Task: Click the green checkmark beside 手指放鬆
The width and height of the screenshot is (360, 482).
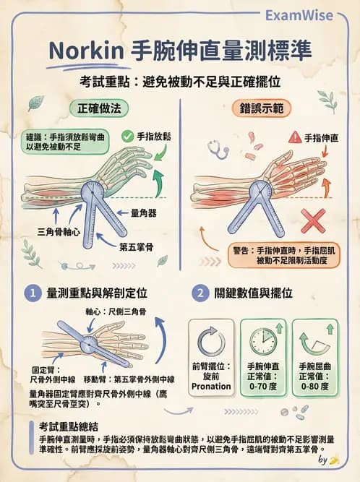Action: (127, 135)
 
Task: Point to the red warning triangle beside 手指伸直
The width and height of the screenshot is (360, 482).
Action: (294, 137)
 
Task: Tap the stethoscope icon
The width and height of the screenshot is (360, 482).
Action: (216, 149)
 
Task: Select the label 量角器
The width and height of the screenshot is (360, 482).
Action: (145, 213)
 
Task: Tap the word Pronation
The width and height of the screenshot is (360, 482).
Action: (211, 386)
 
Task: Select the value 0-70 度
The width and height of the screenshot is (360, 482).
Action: (263, 386)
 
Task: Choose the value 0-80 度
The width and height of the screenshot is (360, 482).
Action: (315, 386)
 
